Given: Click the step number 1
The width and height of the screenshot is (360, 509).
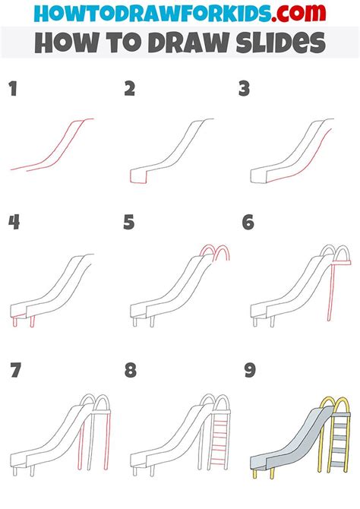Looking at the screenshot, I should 12,90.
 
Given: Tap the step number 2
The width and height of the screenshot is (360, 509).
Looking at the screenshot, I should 130,90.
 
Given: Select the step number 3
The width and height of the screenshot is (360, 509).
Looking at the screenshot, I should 245,90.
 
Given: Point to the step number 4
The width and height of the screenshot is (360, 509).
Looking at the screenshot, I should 13,222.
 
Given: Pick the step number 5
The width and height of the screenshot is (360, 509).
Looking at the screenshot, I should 130,222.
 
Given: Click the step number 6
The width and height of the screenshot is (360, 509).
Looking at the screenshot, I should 247,222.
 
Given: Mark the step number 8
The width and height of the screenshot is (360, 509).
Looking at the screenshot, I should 130,371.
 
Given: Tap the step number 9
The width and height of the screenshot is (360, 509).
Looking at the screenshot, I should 247,371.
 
